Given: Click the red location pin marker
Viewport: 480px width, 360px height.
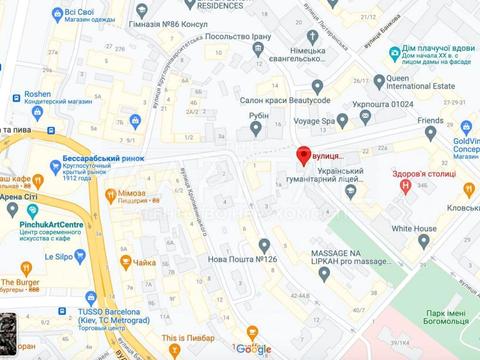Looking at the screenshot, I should [x=303, y=155].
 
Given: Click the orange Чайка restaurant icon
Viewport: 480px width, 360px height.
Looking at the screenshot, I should [x=126, y=262].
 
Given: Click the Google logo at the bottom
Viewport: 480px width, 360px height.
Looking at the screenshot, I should [x=254, y=348].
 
